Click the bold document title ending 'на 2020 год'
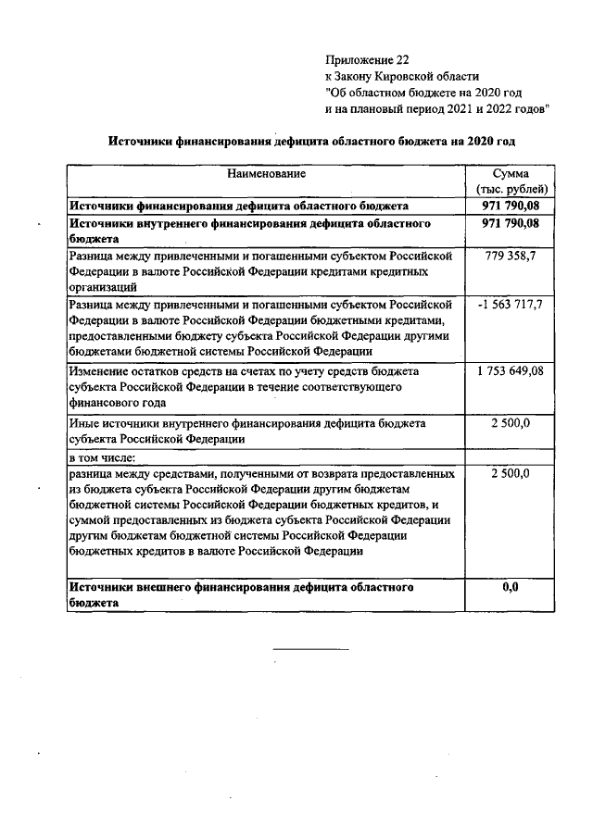coord(311,141)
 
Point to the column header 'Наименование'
coord(267,173)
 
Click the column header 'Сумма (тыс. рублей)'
coord(511,181)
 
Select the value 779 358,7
coord(511,255)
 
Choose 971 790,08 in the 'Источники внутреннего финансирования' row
coord(511,224)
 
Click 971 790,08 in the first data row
coord(511,206)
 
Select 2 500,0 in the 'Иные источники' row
coord(511,423)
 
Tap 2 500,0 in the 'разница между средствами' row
coord(511,473)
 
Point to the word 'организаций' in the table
coord(96,287)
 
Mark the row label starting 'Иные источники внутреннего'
coord(246,431)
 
